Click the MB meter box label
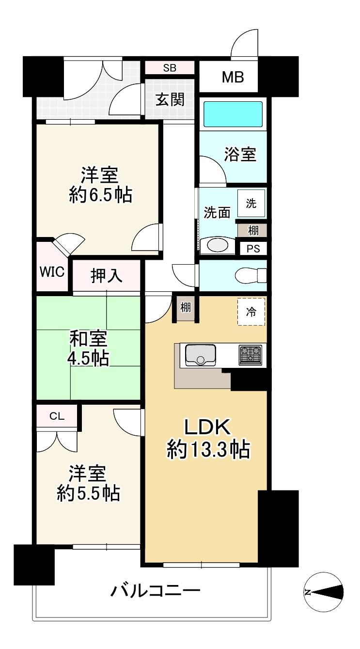pyautogui.click(x=233, y=77)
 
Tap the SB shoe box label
pyautogui.click(x=170, y=68)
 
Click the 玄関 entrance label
pyautogui.click(x=170, y=100)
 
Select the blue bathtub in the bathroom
pyautogui.click(x=233, y=114)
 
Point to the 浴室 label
pyautogui.click(x=240, y=154)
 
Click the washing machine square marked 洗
pyautogui.click(x=251, y=204)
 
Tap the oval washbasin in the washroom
pyautogui.click(x=218, y=246)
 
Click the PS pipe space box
pyautogui.click(x=253, y=249)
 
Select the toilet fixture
pyautogui.click(x=251, y=275)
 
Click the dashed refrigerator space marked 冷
pyautogui.click(x=251, y=312)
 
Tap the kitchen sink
pyautogui.click(x=200, y=355)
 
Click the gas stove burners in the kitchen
pyautogui.click(x=250, y=355)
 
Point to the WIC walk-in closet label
pyautogui.click(x=52, y=272)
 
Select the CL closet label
pyautogui.click(x=57, y=416)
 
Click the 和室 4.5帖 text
pyautogui.click(x=88, y=348)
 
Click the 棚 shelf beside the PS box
pyautogui.click(x=253, y=231)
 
